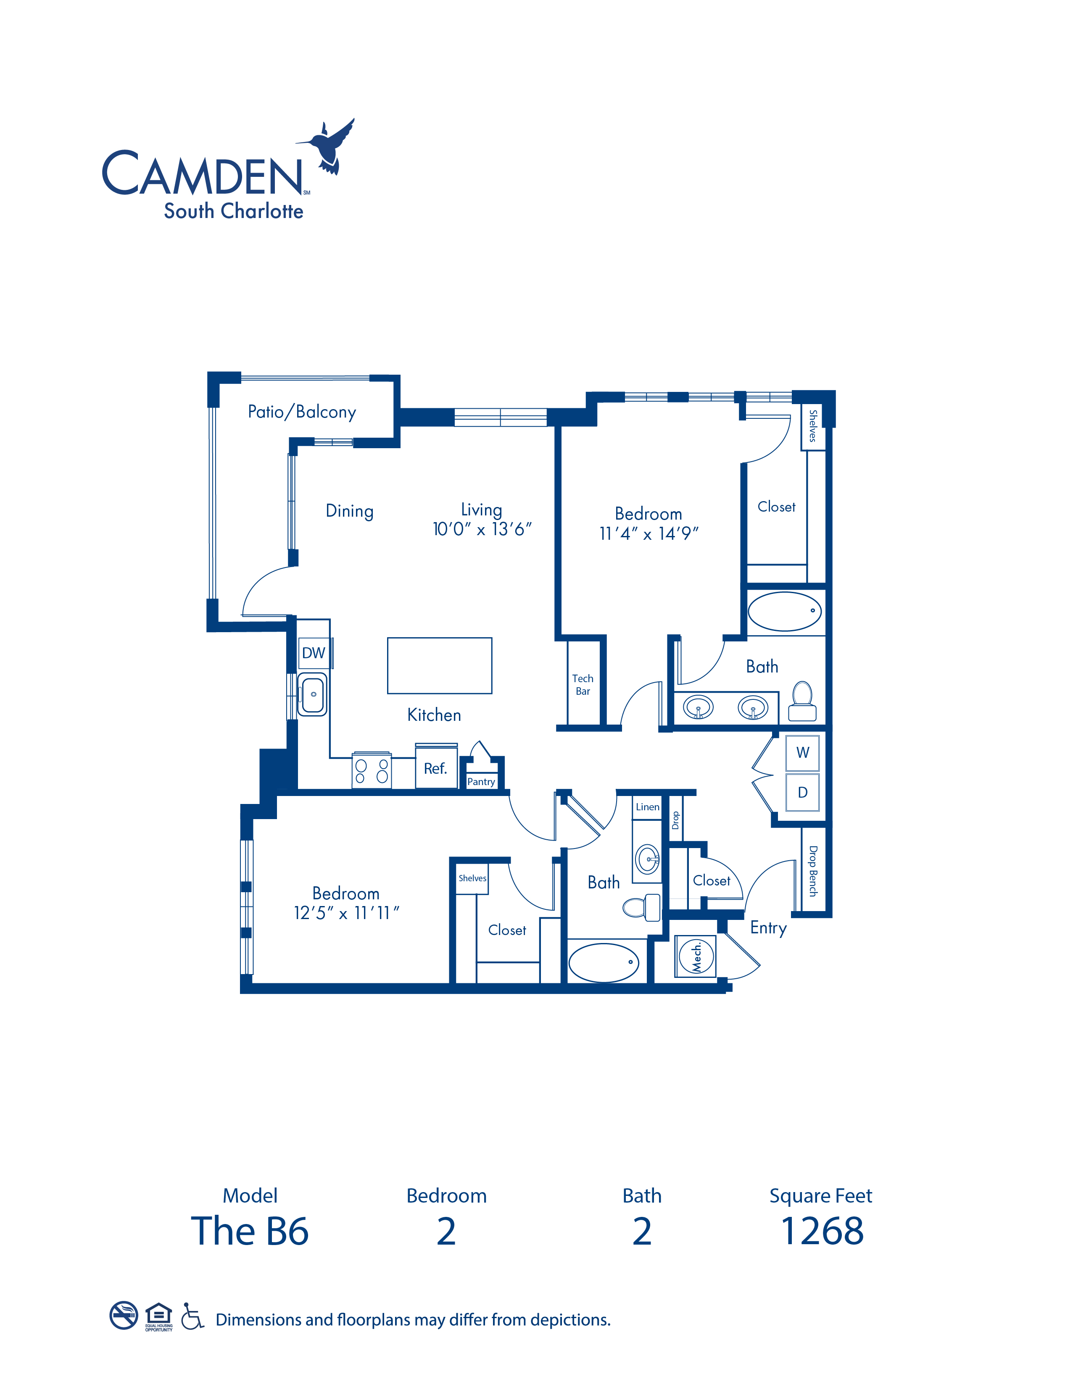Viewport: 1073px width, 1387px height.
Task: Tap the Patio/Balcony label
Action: point(302,412)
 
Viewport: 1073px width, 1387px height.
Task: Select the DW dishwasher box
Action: point(314,653)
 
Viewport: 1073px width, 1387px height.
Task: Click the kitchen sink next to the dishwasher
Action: point(313,694)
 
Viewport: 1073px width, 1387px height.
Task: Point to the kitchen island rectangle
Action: point(440,665)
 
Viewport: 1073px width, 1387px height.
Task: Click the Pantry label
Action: point(481,782)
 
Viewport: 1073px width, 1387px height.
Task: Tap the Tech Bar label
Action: point(583,685)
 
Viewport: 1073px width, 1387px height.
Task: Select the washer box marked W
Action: point(802,753)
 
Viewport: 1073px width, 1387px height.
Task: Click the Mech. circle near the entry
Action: point(696,955)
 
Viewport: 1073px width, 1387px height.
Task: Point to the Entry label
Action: point(769,928)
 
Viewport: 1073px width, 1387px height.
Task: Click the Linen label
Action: point(647,806)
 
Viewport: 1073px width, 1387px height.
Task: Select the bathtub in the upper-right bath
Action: point(785,611)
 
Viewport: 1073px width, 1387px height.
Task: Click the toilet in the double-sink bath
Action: point(802,701)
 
